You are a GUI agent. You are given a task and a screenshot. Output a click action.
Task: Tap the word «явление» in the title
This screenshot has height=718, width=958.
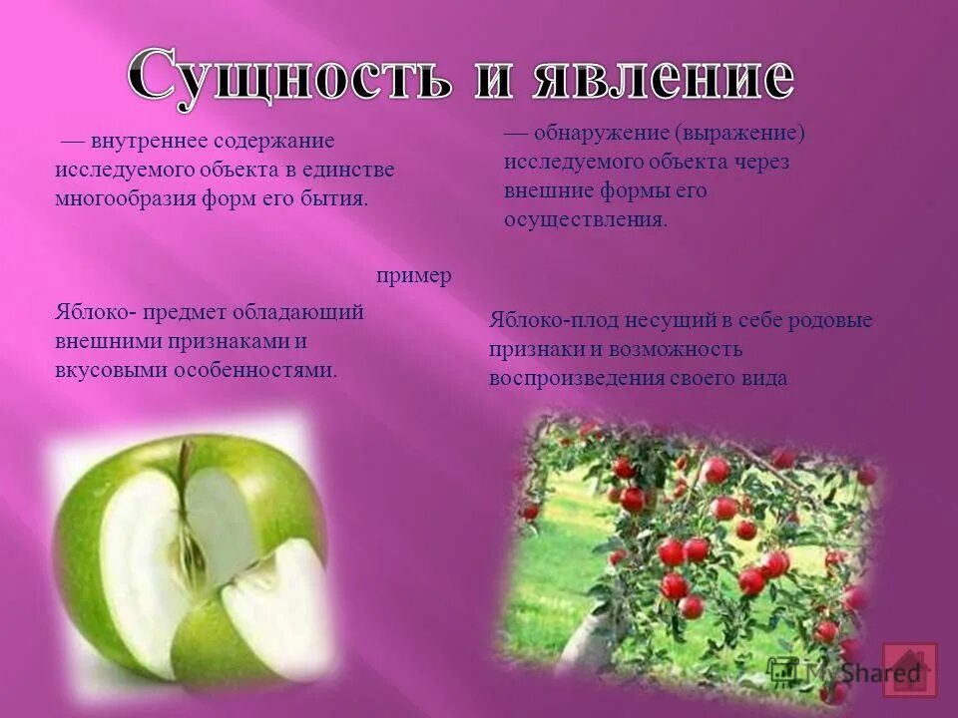(659, 79)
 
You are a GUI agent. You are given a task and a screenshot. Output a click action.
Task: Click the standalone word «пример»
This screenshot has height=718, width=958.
(414, 275)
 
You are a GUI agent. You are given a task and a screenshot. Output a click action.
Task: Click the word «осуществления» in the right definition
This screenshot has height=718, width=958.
(586, 219)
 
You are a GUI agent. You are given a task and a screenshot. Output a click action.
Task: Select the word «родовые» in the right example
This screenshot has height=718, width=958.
(830, 321)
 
